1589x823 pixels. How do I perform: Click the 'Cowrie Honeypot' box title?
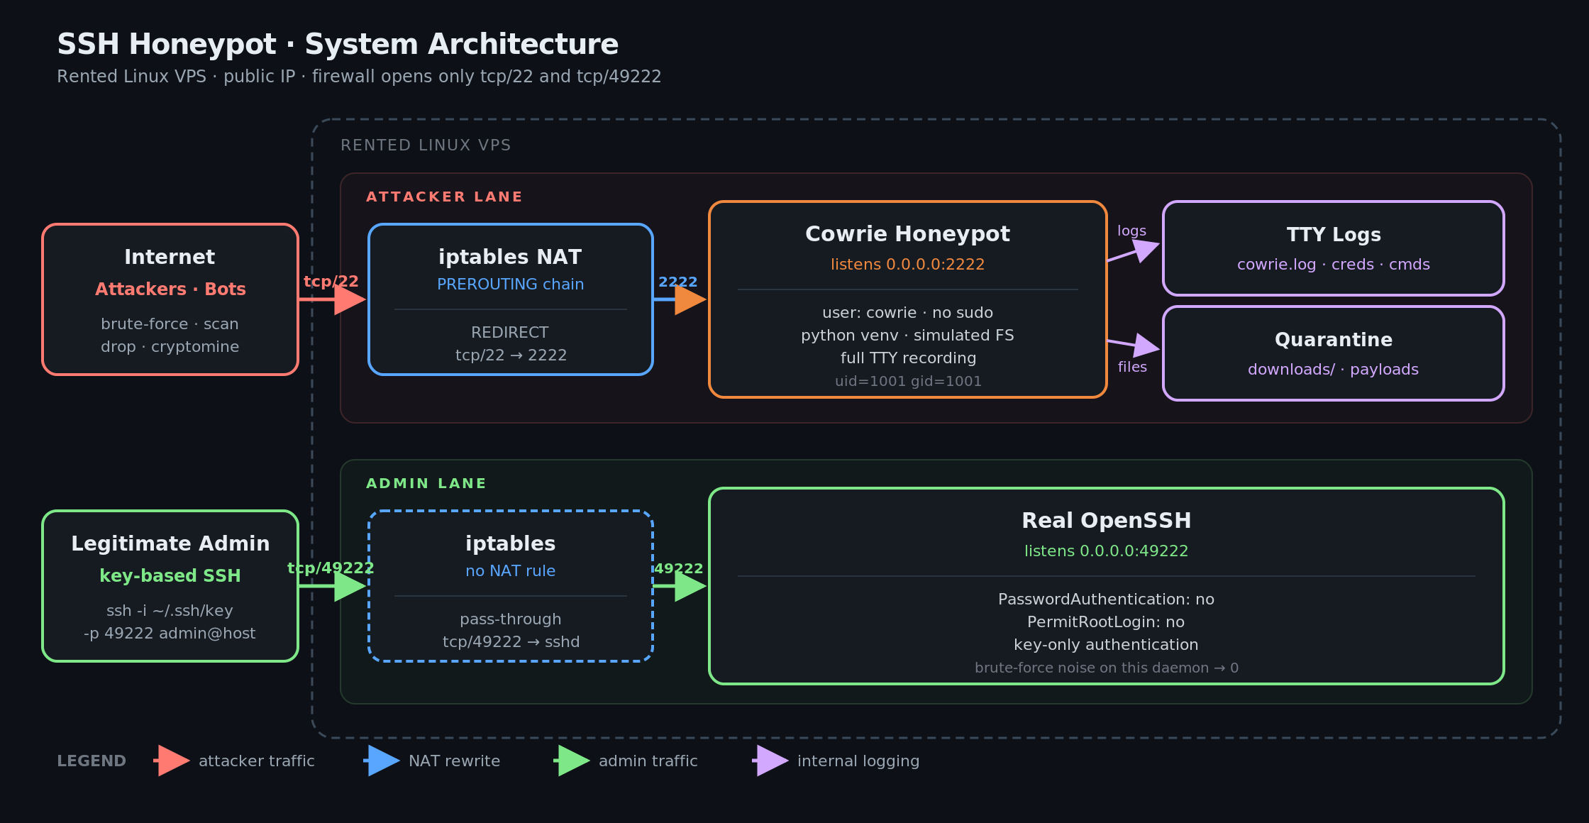click(907, 234)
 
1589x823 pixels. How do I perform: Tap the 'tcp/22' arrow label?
click(331, 282)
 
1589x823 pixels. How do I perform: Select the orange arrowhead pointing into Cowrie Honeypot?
click(690, 299)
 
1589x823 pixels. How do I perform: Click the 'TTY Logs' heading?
click(1334, 235)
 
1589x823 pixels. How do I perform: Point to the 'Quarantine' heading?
click(1334, 340)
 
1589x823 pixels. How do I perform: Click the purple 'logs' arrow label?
click(1131, 231)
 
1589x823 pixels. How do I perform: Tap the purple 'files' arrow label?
click(1132, 367)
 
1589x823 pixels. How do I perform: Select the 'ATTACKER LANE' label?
click(444, 197)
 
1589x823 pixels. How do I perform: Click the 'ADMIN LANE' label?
click(426, 483)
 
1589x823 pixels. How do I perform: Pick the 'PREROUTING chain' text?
click(510, 285)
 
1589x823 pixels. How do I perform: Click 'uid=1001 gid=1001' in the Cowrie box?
click(908, 381)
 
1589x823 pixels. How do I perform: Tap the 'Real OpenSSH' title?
click(1106, 521)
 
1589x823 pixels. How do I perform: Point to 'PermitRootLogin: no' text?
click(1106, 622)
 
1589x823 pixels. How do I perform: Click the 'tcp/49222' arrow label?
click(331, 568)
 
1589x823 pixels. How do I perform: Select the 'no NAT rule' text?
click(510, 571)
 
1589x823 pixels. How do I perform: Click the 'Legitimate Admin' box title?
click(170, 543)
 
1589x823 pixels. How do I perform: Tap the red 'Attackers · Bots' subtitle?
click(170, 289)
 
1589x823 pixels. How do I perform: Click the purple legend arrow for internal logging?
click(770, 761)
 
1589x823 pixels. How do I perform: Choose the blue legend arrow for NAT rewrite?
click(382, 761)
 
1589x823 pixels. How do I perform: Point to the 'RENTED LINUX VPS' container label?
click(426, 145)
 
